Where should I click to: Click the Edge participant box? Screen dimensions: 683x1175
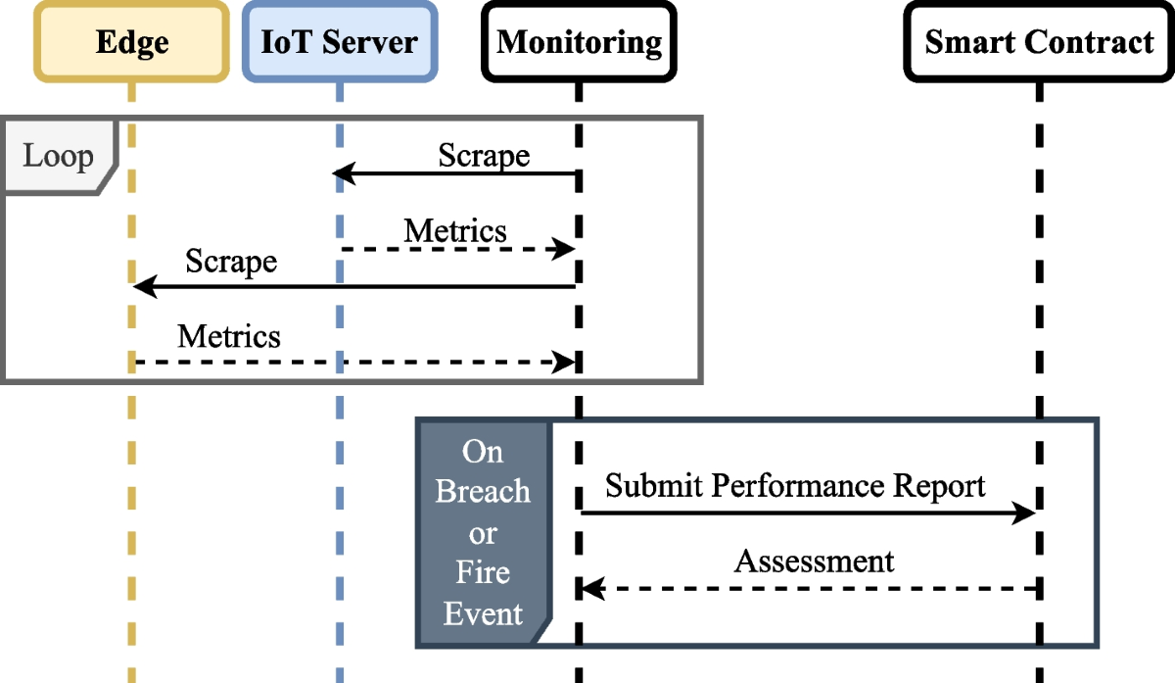click(x=132, y=42)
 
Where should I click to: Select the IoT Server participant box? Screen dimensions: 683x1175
click(x=339, y=42)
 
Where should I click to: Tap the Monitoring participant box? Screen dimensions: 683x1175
click(x=579, y=42)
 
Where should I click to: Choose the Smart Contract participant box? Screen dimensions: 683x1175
click(x=1039, y=42)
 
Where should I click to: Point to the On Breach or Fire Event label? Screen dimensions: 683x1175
click(x=483, y=534)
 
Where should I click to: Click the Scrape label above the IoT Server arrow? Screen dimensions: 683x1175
click(x=484, y=156)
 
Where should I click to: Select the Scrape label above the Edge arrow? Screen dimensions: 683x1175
click(x=231, y=262)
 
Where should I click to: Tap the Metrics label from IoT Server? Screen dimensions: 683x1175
click(x=455, y=230)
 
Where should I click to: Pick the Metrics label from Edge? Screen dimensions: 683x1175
click(x=229, y=337)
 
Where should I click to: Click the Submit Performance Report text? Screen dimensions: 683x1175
click(x=795, y=486)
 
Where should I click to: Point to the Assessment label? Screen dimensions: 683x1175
click(x=814, y=561)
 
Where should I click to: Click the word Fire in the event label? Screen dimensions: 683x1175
click(x=483, y=572)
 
